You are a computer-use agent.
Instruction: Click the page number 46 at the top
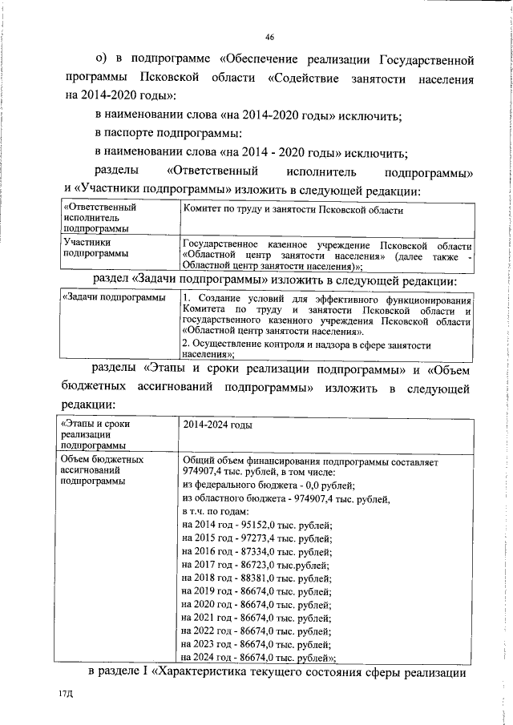click(x=269, y=37)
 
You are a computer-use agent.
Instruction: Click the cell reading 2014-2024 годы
click(x=212, y=426)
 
